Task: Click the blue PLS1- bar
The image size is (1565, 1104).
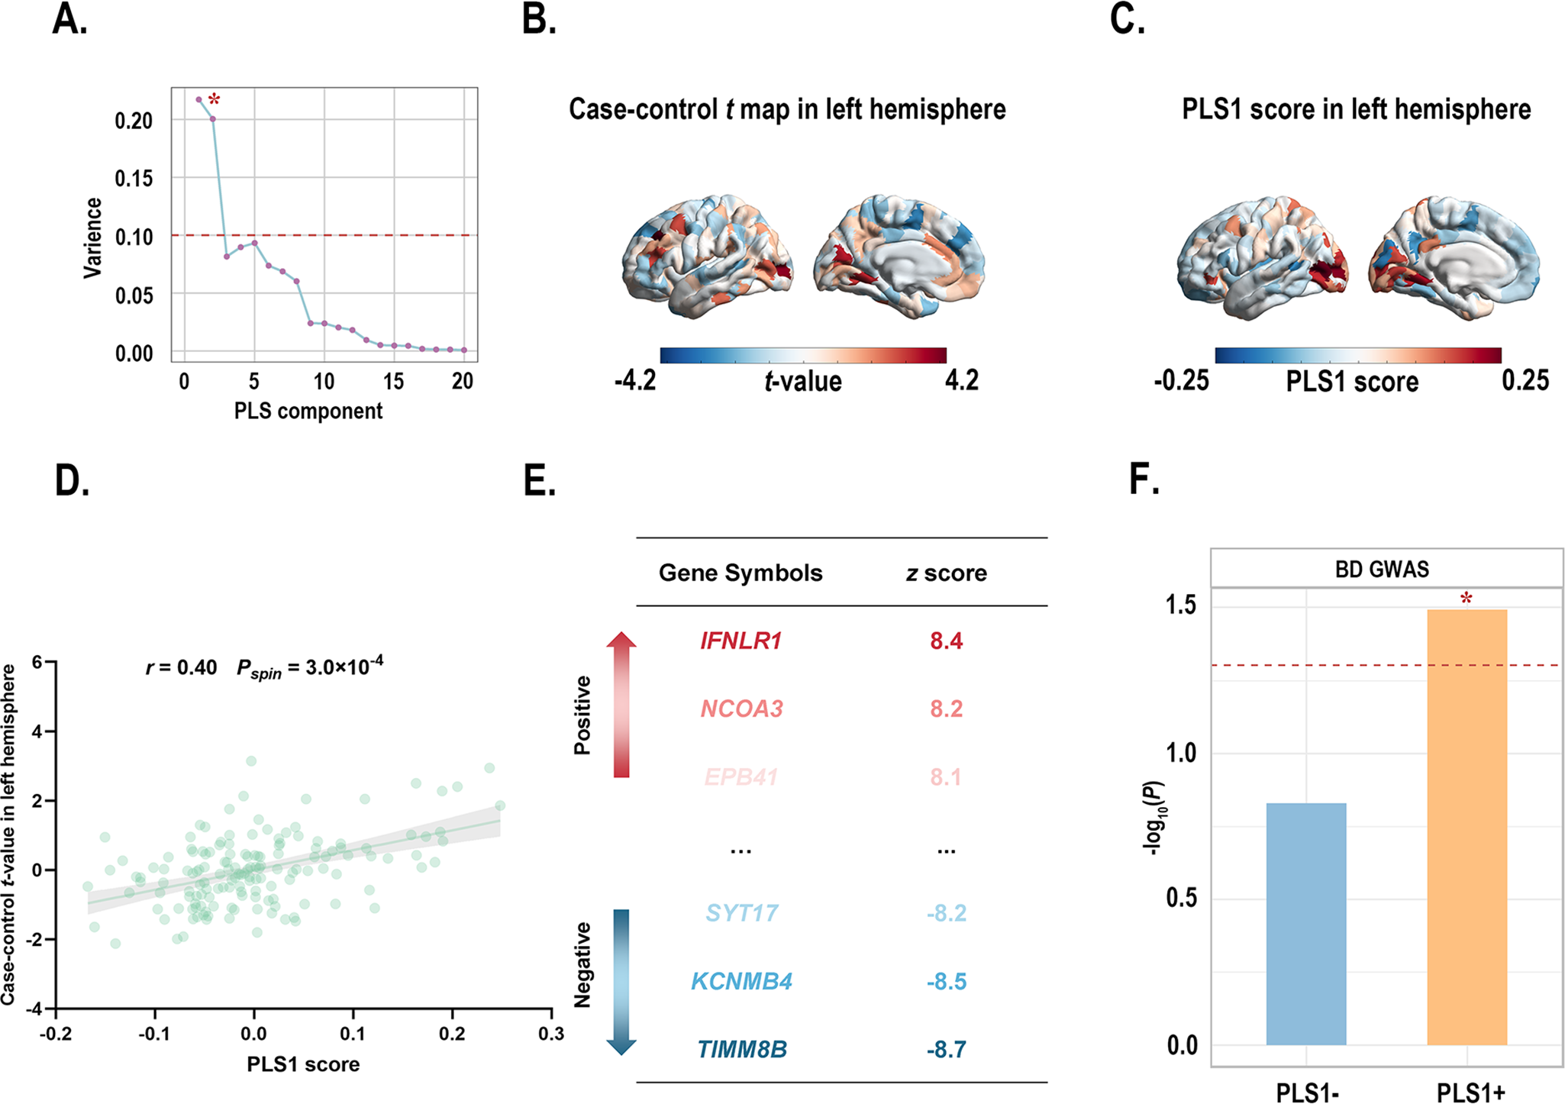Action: pyautogui.click(x=1305, y=924)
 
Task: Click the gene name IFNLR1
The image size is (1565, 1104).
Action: pyautogui.click(x=741, y=641)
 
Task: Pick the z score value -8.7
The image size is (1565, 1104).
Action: pyautogui.click(x=946, y=1050)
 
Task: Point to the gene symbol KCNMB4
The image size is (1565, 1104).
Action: pyautogui.click(x=741, y=981)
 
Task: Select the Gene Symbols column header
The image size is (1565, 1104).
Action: pyautogui.click(x=741, y=573)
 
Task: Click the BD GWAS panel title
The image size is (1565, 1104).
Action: pyautogui.click(x=1382, y=570)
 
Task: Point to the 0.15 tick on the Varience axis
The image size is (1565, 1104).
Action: pyautogui.click(x=134, y=179)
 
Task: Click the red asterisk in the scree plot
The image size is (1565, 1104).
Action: pyautogui.click(x=215, y=100)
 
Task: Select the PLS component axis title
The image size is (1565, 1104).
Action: pyautogui.click(x=308, y=411)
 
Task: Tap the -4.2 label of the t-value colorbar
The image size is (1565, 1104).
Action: pyautogui.click(x=635, y=380)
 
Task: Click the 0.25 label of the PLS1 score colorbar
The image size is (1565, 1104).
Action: pyautogui.click(x=1525, y=380)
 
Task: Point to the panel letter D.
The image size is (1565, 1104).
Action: pyautogui.click(x=72, y=481)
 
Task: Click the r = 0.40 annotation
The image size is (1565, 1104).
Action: pyautogui.click(x=182, y=667)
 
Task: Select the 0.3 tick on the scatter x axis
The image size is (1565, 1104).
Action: pyautogui.click(x=550, y=1034)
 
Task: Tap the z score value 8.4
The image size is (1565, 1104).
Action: pyautogui.click(x=946, y=641)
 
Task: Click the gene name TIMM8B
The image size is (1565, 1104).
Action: pyautogui.click(x=741, y=1050)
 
